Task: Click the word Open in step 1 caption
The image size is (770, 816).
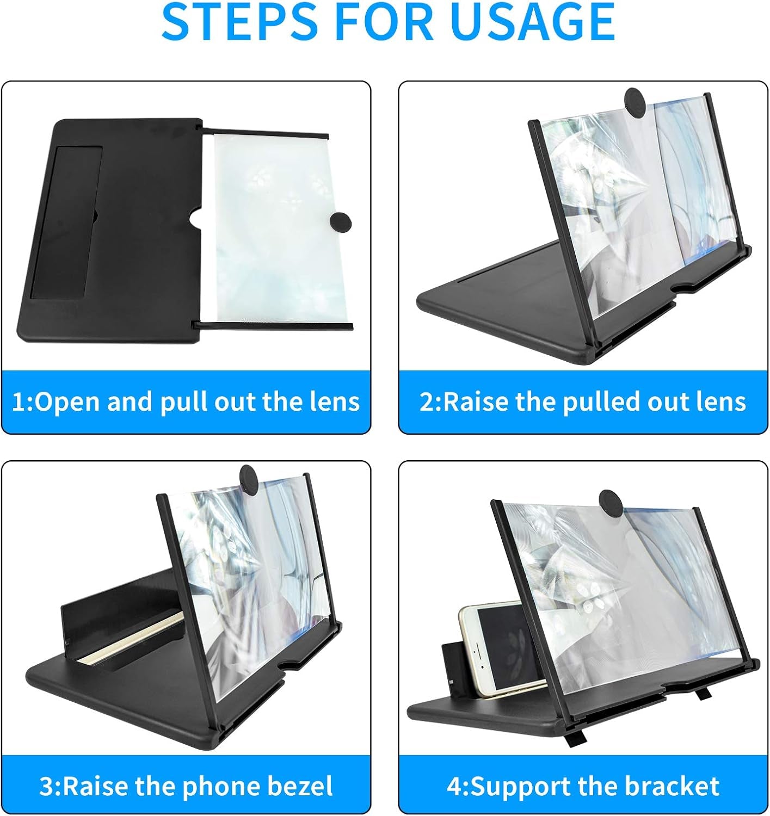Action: pos(67,401)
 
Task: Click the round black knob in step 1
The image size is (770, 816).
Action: pos(341,222)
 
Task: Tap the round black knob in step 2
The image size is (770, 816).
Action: pos(635,102)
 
